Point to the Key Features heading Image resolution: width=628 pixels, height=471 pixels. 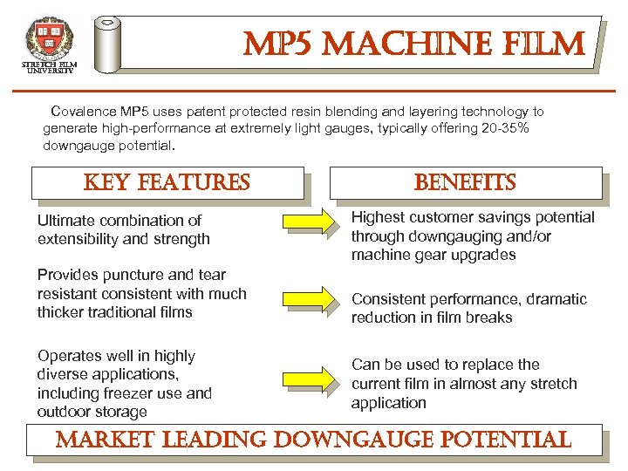coord(167,182)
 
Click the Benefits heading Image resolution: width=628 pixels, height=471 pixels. coord(465,182)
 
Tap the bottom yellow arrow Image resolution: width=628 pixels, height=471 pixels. coord(310,379)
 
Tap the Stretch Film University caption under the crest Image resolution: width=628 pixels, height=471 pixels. coord(49,68)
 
